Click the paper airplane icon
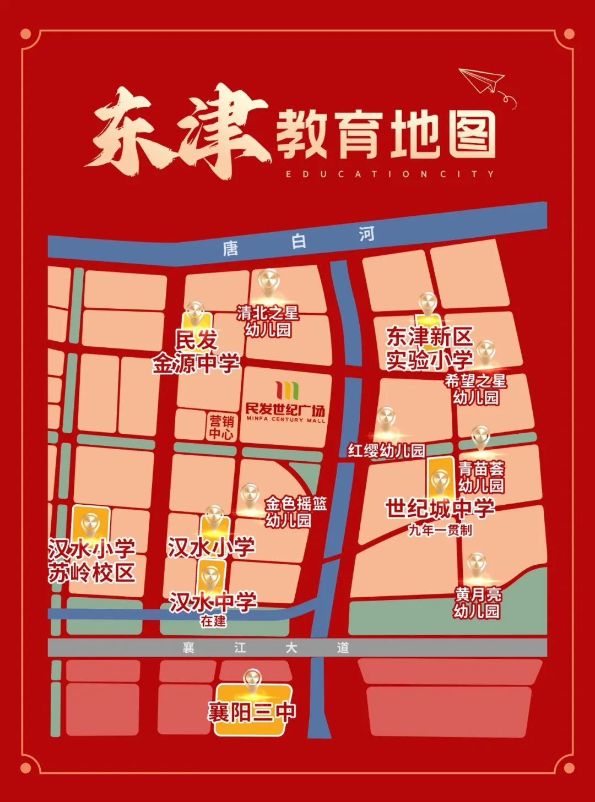pyautogui.click(x=483, y=81)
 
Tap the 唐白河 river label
pyautogui.click(x=298, y=241)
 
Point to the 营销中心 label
pyautogui.click(x=221, y=427)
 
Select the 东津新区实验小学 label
pyautogui.click(x=429, y=348)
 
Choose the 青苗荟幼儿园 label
pyautogui.click(x=481, y=477)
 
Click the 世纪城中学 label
pyautogui.click(x=439, y=509)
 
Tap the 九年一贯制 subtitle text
pyautogui.click(x=440, y=530)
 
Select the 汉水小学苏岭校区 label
pyautogui.click(x=91, y=561)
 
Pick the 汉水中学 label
pyautogui.click(x=213, y=602)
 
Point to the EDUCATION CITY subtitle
pyautogui.click(x=390, y=174)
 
